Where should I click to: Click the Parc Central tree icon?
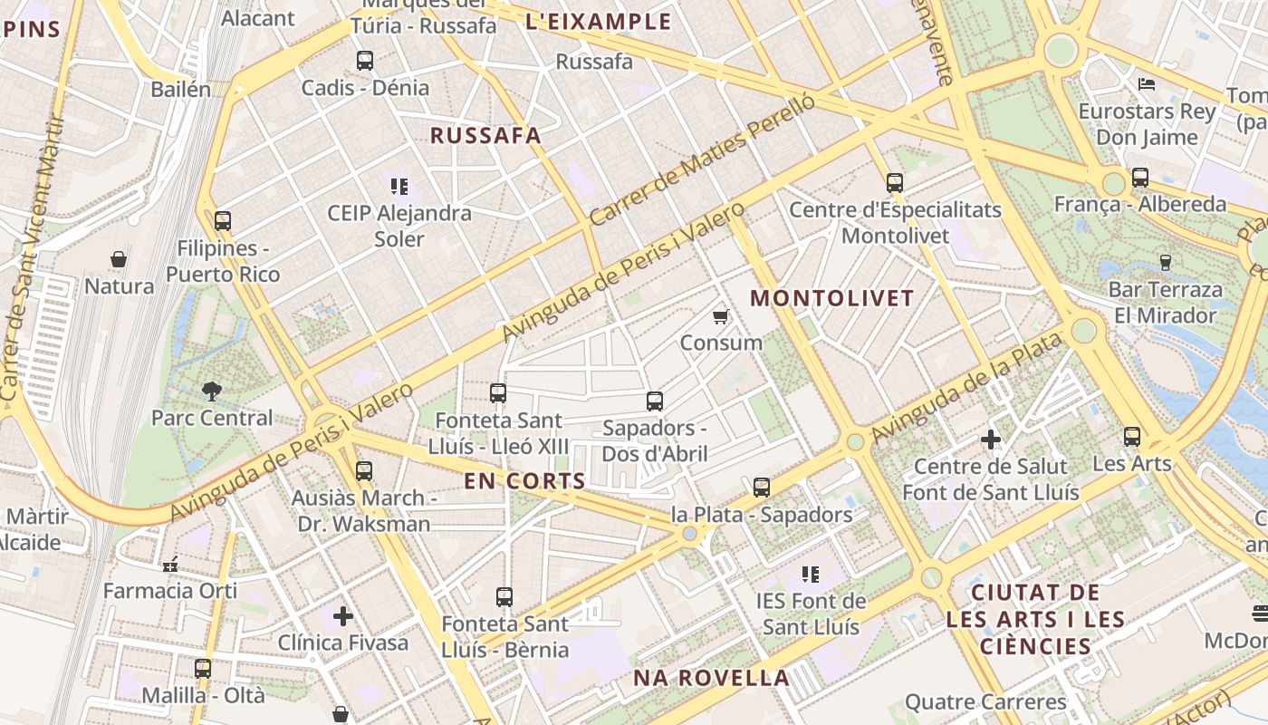(x=212, y=391)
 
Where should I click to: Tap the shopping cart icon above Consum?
(x=720, y=316)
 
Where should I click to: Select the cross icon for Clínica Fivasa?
(x=342, y=616)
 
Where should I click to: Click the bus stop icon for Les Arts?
(x=1131, y=437)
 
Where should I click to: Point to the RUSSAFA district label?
(x=485, y=136)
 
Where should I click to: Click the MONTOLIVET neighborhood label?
(x=832, y=298)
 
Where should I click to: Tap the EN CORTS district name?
(x=524, y=481)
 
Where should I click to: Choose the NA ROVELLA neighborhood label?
(x=711, y=678)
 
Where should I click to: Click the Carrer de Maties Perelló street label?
(x=702, y=160)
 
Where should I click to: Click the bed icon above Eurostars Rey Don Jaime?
(x=1147, y=84)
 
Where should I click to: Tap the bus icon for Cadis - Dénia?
(x=364, y=61)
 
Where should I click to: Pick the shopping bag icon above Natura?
(x=119, y=260)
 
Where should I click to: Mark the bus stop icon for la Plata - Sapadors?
(x=762, y=488)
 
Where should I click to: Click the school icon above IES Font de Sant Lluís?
(x=811, y=574)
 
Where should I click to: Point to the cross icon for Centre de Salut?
(x=991, y=440)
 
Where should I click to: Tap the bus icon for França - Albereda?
(x=1139, y=178)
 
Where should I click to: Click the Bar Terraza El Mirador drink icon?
(x=1165, y=263)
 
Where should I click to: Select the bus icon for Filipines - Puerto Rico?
(x=223, y=220)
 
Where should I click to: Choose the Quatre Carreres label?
(x=985, y=701)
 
